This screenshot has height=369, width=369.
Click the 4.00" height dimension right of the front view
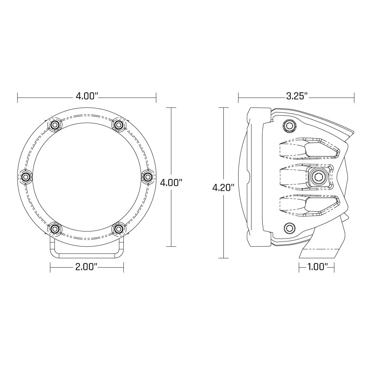[x=171, y=183]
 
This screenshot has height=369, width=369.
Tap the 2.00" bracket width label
[x=87, y=267]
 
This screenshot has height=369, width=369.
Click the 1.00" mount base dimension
[x=317, y=267]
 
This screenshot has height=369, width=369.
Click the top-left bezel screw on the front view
[x=55, y=125]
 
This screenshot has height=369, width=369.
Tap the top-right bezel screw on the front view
[x=118, y=125]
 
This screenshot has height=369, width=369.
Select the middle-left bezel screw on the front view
[x=25, y=176]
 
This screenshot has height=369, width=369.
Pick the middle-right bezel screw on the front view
[x=148, y=176]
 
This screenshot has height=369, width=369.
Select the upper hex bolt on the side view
[x=289, y=125]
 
